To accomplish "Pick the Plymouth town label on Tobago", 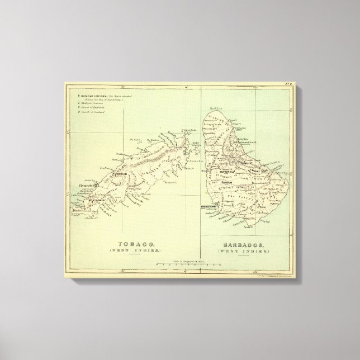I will [87, 186].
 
